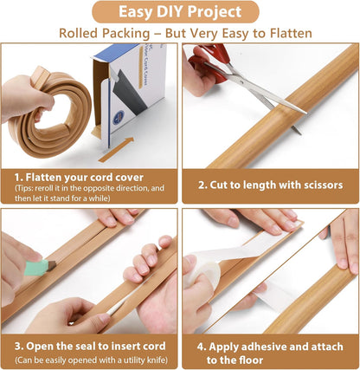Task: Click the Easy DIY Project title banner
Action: coord(179,12)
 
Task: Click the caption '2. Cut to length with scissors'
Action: coord(269,185)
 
